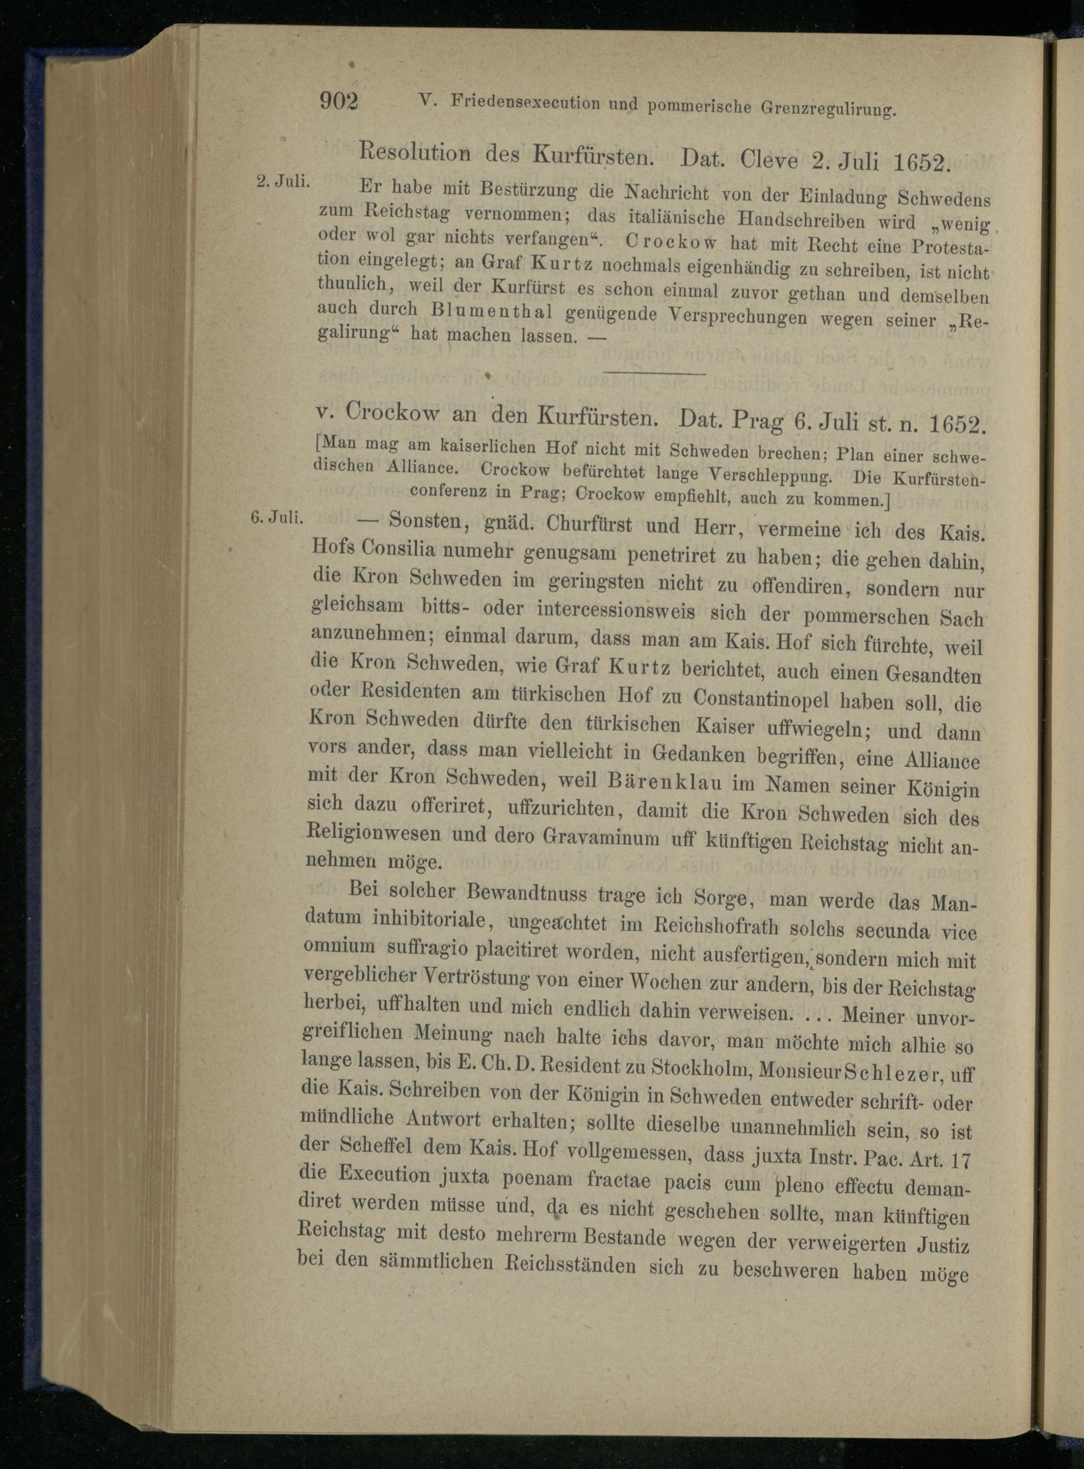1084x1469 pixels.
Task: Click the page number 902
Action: pyautogui.click(x=339, y=102)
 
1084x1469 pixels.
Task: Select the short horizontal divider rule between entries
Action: pyautogui.click(x=654, y=374)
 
